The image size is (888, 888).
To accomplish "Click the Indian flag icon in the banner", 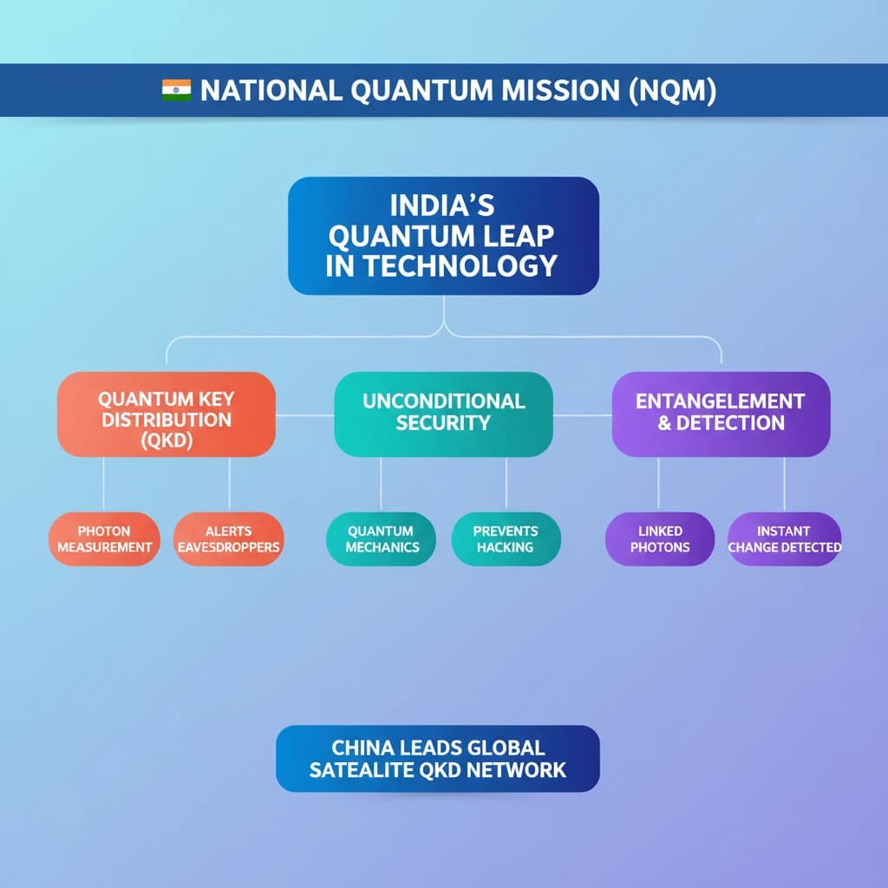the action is (x=176, y=90).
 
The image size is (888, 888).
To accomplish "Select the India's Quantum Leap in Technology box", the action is (x=443, y=236).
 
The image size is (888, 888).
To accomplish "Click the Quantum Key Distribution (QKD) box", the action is (x=166, y=414).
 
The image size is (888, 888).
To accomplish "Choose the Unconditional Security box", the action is (x=443, y=414).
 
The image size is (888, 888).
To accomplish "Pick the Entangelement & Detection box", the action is (x=721, y=414).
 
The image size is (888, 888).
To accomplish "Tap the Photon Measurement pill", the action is (x=104, y=539).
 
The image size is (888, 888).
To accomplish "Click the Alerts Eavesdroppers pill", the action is (x=229, y=539).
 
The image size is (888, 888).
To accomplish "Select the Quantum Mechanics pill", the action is (x=382, y=539).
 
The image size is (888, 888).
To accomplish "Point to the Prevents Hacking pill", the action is (x=506, y=539).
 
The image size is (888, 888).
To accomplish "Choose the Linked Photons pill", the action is (x=660, y=539).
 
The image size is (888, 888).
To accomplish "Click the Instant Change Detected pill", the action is (x=784, y=539).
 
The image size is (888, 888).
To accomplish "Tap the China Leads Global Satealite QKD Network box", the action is (x=438, y=758).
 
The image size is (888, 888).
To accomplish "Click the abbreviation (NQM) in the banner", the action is (x=673, y=90).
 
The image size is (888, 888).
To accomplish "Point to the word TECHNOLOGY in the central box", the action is (x=460, y=265).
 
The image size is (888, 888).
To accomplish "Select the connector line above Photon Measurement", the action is (x=104, y=484).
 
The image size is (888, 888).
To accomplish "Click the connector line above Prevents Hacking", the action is (x=506, y=484).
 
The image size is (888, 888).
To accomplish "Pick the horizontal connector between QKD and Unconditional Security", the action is (x=304, y=415).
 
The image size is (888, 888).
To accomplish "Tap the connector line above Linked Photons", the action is (x=658, y=484).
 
